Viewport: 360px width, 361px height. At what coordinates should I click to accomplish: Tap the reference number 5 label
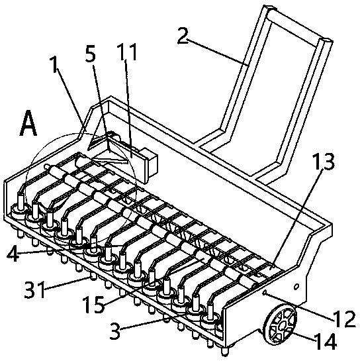pyautogui.click(x=91, y=54)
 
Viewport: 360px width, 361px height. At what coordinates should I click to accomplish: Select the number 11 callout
pyautogui.click(x=127, y=52)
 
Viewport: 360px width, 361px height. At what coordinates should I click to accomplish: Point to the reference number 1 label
pyautogui.click(x=54, y=64)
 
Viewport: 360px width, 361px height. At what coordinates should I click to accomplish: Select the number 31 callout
pyautogui.click(x=34, y=289)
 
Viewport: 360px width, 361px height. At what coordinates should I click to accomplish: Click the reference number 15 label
pyautogui.click(x=93, y=305)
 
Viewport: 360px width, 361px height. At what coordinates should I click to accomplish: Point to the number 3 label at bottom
pyautogui.click(x=115, y=331)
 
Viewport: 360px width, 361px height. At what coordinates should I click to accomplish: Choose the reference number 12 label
pyautogui.click(x=345, y=319)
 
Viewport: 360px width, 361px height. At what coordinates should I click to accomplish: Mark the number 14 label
pyautogui.click(x=326, y=341)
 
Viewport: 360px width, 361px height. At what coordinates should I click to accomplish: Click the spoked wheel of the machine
pyautogui.click(x=281, y=325)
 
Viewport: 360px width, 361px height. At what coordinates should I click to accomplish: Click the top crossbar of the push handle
pyautogui.click(x=300, y=25)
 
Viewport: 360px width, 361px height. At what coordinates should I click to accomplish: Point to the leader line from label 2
pyautogui.click(x=217, y=52)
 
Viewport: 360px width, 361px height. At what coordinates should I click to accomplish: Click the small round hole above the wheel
pyautogui.click(x=296, y=287)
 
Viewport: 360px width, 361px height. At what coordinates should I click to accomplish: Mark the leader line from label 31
pyautogui.click(x=68, y=284)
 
